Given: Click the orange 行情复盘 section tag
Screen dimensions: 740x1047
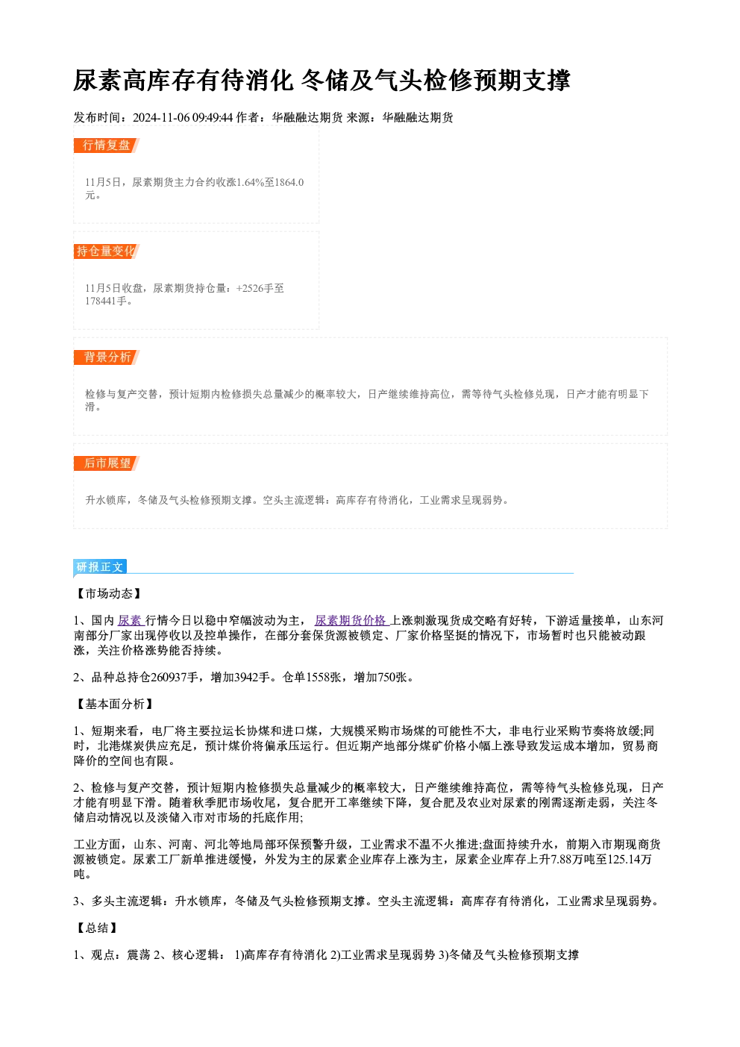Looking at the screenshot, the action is (107, 146).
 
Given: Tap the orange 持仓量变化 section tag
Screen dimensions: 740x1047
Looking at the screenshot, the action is (107, 251).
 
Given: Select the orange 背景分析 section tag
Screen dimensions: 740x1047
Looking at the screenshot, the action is (107, 357).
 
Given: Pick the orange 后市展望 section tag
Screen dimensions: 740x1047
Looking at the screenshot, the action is (107, 463).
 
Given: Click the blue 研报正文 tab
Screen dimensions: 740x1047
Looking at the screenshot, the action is (100, 567).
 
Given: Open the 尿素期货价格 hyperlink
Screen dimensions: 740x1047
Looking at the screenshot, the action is (352, 620).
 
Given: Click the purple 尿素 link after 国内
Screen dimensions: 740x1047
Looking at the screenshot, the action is (131, 620).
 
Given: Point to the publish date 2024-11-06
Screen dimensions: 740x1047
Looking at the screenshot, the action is (161, 117).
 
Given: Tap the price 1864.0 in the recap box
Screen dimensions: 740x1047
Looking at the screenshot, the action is (289, 182).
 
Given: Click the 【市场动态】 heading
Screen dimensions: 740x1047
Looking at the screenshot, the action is (108, 593).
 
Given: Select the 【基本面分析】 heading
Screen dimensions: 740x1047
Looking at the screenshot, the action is (114, 704).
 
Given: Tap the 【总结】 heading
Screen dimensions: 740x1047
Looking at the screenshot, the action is (97, 928).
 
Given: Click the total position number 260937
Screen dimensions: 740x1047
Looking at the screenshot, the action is (169, 678).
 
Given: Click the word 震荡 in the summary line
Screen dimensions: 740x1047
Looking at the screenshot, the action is (139, 955).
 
